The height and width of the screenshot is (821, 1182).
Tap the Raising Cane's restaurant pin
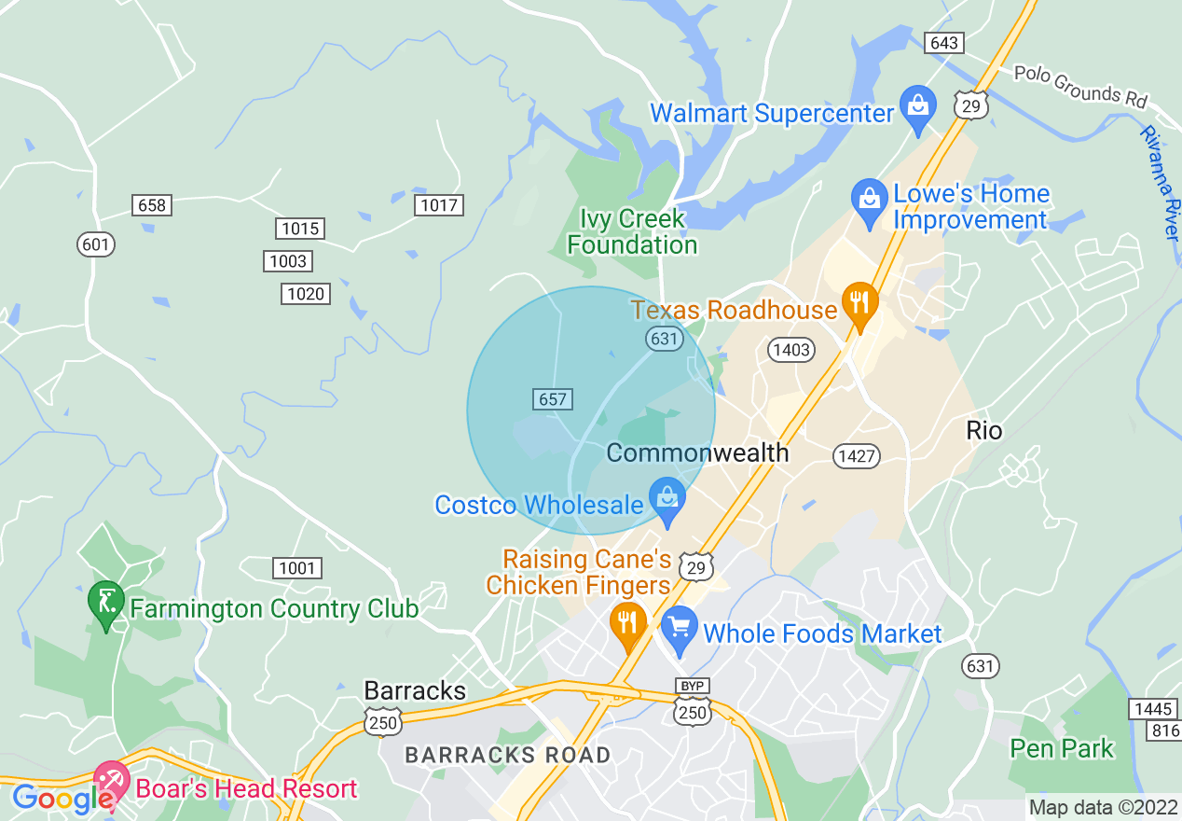[x=627, y=622]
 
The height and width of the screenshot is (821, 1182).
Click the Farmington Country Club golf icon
[x=106, y=600]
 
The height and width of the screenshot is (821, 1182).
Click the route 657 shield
[x=553, y=399]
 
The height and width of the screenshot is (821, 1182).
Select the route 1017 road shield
[x=438, y=205]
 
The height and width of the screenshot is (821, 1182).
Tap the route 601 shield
[x=95, y=245]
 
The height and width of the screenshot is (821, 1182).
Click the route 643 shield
[x=943, y=43]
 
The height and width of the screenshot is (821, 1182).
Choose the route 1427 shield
[x=857, y=455]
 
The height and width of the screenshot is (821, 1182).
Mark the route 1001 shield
[x=298, y=567]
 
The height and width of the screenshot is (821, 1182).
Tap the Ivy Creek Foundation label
[x=632, y=231]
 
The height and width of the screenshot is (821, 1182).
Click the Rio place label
[x=984, y=430]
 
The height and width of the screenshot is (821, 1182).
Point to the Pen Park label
[x=1062, y=748]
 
